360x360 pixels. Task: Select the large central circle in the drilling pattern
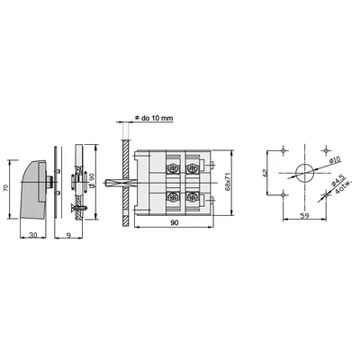pos(304,172)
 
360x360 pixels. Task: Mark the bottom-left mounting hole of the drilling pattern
pos(283,194)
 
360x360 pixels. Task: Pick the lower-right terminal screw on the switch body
pos(193,198)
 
